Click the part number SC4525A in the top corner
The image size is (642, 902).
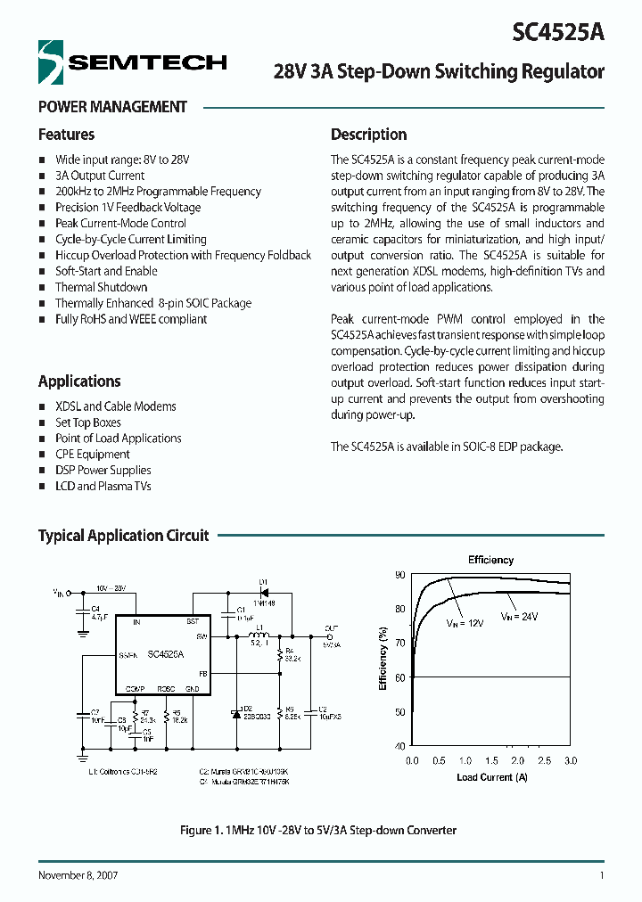coord(559,32)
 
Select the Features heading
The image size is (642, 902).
coord(66,135)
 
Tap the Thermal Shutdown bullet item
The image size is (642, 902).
coord(101,287)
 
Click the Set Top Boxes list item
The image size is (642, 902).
coord(87,422)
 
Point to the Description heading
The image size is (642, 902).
coord(368,135)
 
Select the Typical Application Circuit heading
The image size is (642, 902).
coord(123,536)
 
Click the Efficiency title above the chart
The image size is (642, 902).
coord(490,560)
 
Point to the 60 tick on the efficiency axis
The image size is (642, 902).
coord(399,677)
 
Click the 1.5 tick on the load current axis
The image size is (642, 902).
coord(491,761)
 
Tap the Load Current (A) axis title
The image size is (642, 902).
coord(490,777)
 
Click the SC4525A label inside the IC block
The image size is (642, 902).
coord(166,653)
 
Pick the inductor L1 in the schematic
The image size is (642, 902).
coord(259,633)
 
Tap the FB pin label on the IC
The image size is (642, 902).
coord(203,674)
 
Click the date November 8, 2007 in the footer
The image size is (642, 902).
coord(78,875)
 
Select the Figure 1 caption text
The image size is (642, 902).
coord(318,830)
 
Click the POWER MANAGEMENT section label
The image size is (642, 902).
coord(112,107)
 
